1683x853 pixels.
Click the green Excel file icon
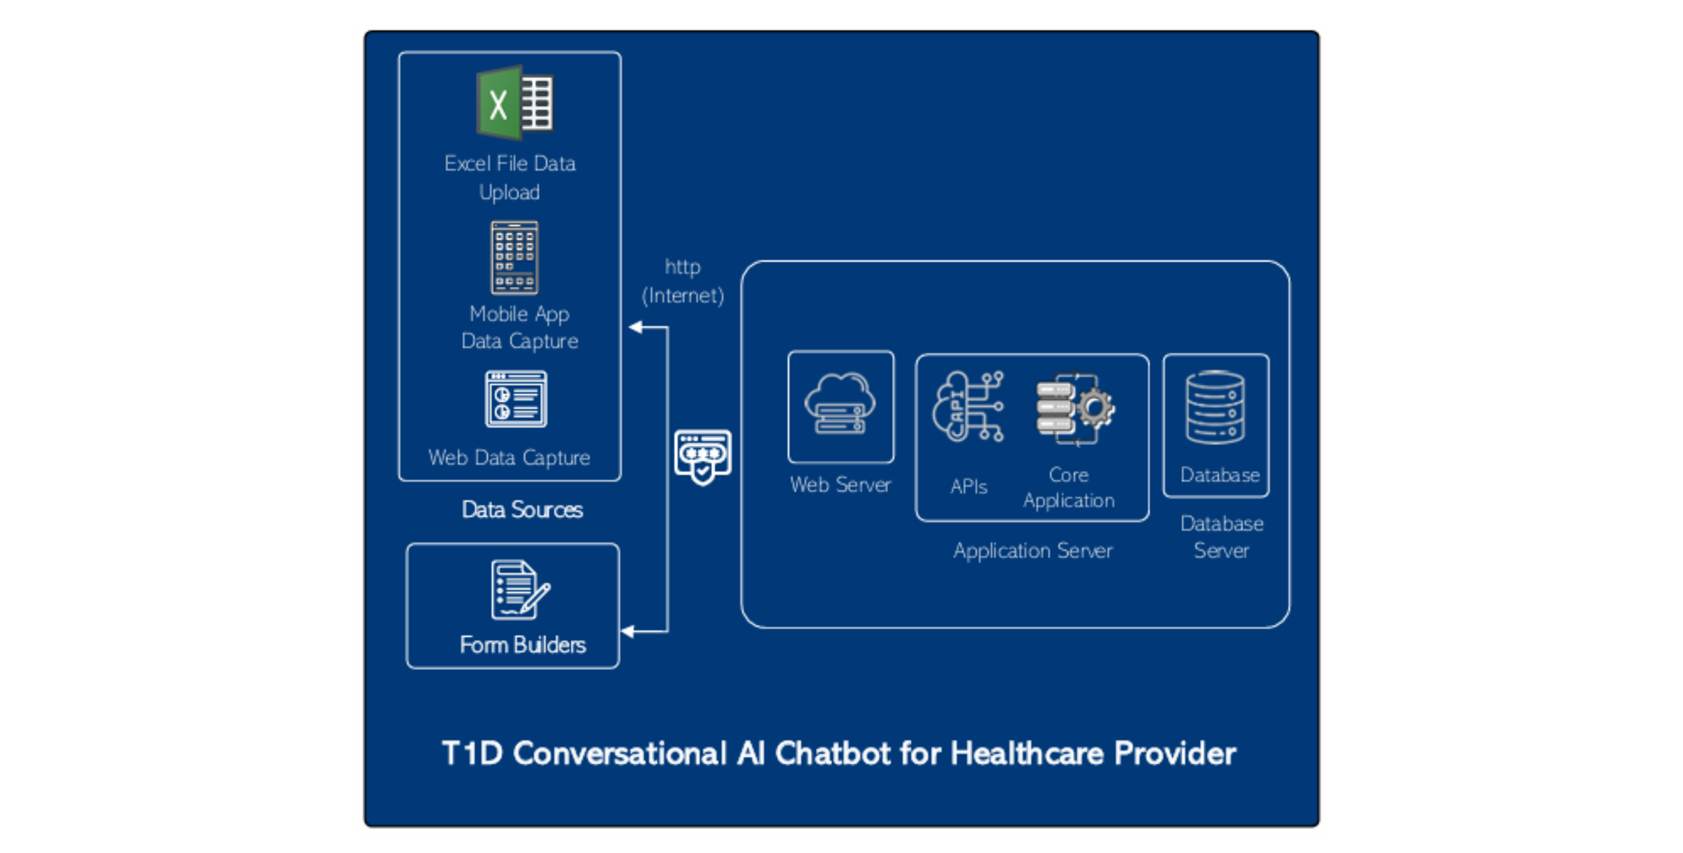[x=515, y=103]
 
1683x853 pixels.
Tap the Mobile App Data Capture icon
[x=515, y=258]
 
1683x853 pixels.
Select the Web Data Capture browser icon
[x=516, y=399]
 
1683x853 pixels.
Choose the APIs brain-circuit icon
[x=967, y=406]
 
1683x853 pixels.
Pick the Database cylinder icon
[x=1215, y=408]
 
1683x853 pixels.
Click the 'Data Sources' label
[x=522, y=510]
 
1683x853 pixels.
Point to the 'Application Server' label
[x=1032, y=550]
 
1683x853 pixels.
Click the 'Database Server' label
[x=1221, y=537]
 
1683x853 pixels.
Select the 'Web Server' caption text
[x=840, y=485]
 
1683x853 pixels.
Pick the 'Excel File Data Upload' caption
[x=510, y=177]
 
